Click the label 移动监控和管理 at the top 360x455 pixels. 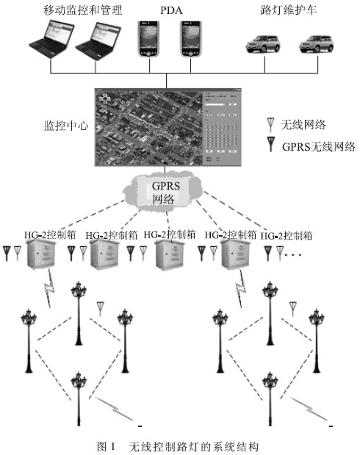(83, 10)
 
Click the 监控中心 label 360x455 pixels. (65, 126)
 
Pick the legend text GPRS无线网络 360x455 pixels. (317, 146)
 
